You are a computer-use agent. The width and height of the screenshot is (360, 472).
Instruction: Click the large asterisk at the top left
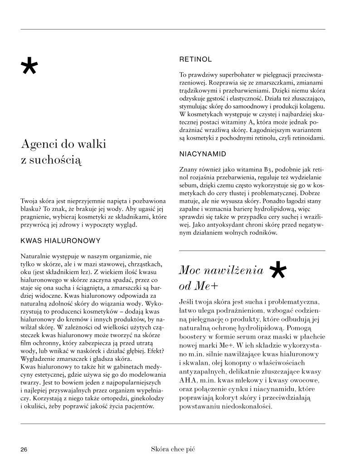tap(29, 67)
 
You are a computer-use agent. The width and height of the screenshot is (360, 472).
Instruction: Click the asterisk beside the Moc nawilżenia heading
tap(277, 271)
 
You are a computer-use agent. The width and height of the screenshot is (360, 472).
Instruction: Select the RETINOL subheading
tap(195, 59)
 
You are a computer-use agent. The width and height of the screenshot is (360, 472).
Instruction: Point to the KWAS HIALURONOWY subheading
tap(60, 240)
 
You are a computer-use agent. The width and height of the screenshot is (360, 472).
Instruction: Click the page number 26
tap(24, 449)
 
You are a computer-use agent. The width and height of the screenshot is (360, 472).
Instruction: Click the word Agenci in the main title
tap(39, 145)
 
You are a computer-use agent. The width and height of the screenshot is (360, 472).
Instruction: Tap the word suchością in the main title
tap(57, 160)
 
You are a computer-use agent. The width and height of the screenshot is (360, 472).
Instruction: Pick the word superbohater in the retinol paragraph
tap(240, 74)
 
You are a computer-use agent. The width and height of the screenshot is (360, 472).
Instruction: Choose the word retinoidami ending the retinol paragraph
tap(306, 138)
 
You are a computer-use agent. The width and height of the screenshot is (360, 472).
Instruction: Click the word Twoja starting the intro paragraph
tap(29, 201)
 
